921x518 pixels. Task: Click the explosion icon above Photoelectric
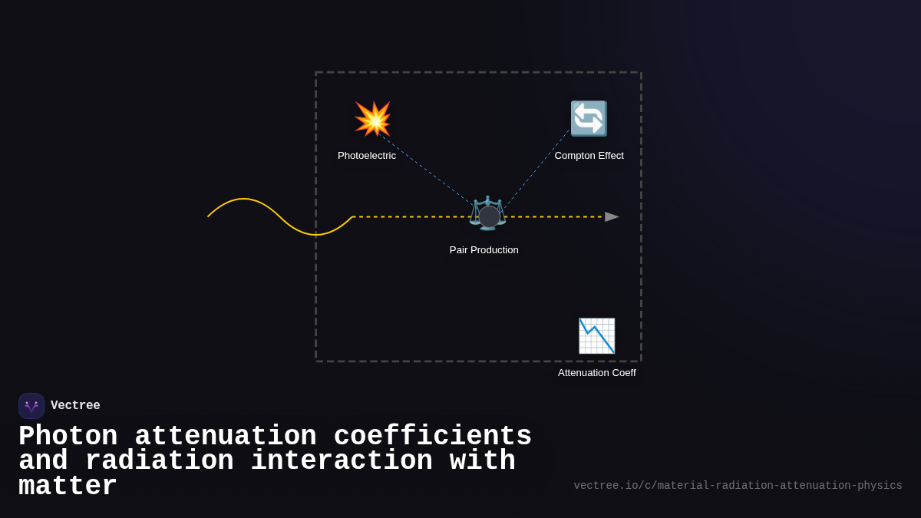373,119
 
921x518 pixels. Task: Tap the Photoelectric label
367,156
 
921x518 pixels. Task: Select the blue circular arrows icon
589,119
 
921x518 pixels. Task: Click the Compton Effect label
589,156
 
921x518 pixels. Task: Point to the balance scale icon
487,213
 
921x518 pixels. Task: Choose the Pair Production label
484,250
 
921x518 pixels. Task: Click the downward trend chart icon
596,336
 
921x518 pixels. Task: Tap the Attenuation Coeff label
596,373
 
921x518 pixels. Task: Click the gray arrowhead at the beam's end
612,217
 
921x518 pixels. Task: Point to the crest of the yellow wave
244,200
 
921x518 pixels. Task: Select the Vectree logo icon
31,406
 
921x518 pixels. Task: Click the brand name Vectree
75,406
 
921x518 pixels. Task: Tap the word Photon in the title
68,437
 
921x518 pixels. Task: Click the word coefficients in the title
433,437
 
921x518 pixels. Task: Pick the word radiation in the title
159,461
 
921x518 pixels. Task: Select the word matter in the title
68,487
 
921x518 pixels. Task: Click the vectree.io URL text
738,486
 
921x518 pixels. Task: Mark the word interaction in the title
342,461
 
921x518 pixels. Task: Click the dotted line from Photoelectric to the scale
426,170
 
